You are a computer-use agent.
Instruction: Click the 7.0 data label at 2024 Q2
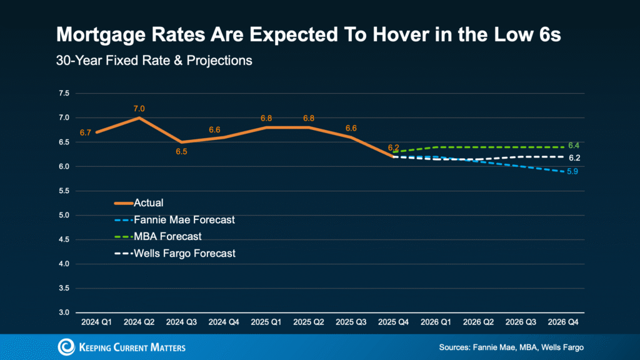139,108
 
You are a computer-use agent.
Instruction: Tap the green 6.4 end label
573,145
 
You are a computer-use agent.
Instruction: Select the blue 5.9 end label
572,171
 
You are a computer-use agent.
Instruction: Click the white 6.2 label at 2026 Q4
573,158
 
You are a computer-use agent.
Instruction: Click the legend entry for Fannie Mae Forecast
174,220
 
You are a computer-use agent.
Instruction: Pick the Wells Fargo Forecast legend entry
174,254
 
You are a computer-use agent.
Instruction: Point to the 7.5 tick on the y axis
64,93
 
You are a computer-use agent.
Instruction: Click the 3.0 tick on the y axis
64,312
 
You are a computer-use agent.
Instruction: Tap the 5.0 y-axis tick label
64,215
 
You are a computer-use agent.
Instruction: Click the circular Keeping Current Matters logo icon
65,347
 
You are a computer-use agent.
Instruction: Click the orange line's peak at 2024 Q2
139,117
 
